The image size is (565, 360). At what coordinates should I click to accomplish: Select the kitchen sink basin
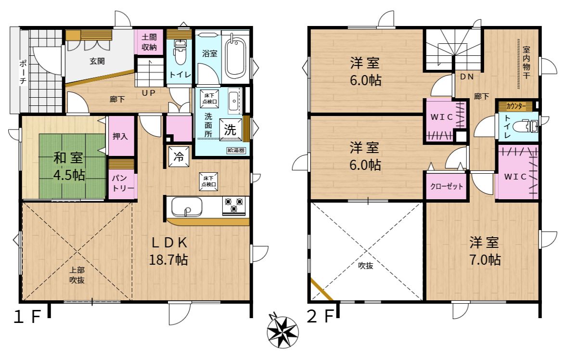pos(186,206)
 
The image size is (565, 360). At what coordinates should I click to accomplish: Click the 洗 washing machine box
pos(231,129)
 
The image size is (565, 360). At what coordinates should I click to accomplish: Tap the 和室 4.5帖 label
pos(68,167)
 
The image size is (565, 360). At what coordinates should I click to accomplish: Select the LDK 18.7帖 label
pos(168,251)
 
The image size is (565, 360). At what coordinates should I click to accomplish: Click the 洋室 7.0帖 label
pos(485,251)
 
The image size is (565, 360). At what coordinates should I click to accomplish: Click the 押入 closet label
pos(120,136)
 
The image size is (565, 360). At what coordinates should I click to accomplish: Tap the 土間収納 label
pos(149,42)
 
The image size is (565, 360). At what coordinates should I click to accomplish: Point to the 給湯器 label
pos(236,150)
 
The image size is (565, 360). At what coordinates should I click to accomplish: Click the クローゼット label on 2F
pos(447,186)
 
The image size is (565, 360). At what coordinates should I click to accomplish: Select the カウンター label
pos(515,106)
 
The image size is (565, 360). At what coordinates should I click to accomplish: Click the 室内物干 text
pos(526,63)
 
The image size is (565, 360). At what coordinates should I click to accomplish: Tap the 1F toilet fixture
pos(180,52)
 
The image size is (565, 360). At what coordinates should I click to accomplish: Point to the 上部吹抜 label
pos(77,275)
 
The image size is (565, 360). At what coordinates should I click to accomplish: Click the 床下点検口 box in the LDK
pos(209,181)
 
